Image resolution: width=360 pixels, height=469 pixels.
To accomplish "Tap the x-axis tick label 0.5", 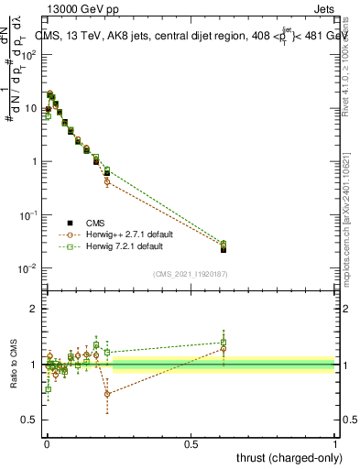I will point(191,443).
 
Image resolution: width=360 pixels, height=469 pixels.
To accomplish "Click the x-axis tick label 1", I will point(335,443).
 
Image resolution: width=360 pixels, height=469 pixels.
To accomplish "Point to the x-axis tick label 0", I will point(47,443).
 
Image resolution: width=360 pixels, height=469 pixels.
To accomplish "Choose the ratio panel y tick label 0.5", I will point(30,420).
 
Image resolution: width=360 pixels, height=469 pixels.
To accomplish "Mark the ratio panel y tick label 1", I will point(34,365).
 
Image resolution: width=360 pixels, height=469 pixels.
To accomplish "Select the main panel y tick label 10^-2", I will point(27,268).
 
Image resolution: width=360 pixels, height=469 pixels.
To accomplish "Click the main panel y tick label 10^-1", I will point(27,215).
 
